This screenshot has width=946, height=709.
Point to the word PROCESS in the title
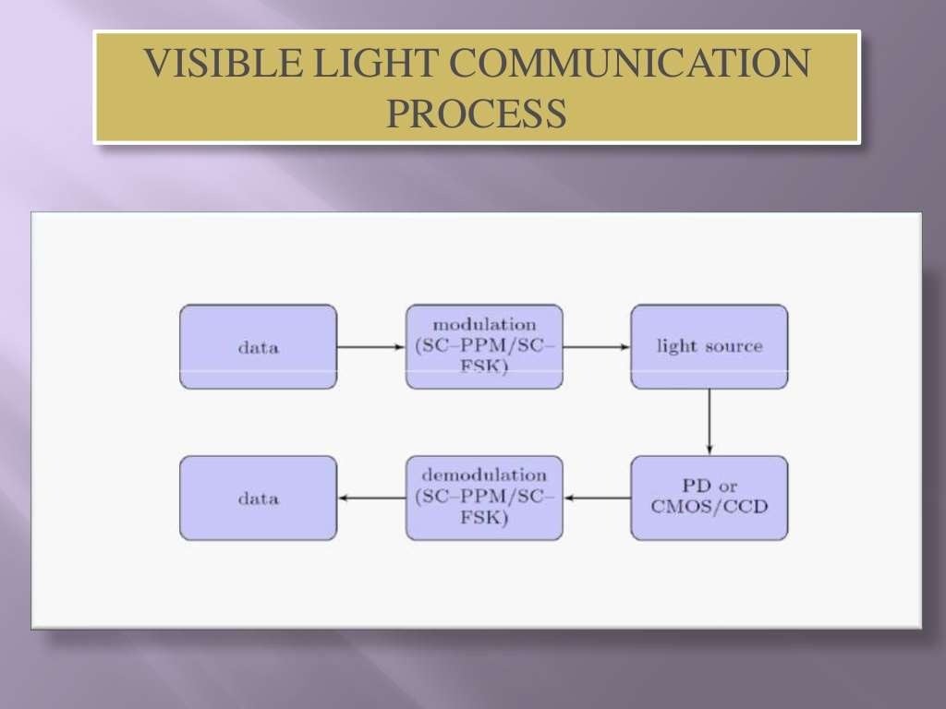point(476,114)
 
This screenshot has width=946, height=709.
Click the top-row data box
point(258,347)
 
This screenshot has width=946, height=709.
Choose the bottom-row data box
point(258,499)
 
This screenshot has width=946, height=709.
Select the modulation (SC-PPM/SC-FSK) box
point(484,347)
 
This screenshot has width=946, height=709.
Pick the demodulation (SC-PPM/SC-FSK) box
point(484,499)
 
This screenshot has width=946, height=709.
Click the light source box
point(709,347)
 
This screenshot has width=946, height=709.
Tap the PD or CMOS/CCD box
point(709,499)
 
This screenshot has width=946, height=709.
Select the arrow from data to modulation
point(371,347)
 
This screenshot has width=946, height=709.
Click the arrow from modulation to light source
point(597,347)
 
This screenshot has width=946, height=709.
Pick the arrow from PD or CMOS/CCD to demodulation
point(597,499)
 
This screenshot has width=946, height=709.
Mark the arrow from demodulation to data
point(371,499)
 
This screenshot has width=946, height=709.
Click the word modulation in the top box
point(484,325)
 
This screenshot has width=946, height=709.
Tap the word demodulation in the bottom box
point(484,475)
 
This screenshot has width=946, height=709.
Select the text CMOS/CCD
point(709,507)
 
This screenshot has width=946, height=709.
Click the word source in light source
point(734,347)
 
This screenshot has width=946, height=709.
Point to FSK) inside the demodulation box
point(484,519)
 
